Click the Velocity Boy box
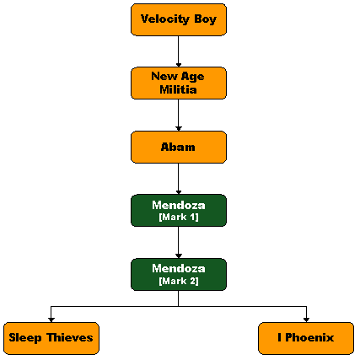pyautogui.click(x=179, y=19)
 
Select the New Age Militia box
pyautogui.click(x=179, y=83)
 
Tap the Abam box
pyautogui.click(x=179, y=147)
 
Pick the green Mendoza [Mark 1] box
pyautogui.click(x=179, y=210)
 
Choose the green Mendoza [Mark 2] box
pyautogui.click(x=179, y=274)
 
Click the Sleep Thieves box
pyautogui.click(x=51, y=338)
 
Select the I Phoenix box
pyautogui.click(x=306, y=338)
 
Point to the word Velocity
pyautogui.click(x=165, y=19)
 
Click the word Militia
pyautogui.click(x=178, y=89)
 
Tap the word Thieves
pyautogui.click(x=70, y=337)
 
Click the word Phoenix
pyautogui.click(x=309, y=337)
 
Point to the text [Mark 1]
pyautogui.click(x=179, y=218)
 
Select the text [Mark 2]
pyautogui.click(x=179, y=281)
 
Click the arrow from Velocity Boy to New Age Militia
pyautogui.click(x=179, y=51)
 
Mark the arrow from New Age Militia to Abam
pyautogui.click(x=179, y=115)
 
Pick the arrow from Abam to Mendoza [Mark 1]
pyautogui.click(x=179, y=179)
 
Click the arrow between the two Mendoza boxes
pyautogui.click(x=179, y=242)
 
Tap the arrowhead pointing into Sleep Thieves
pyautogui.click(x=51, y=320)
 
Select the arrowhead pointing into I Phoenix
pyautogui.click(x=306, y=320)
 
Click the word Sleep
pyautogui.click(x=25, y=338)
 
